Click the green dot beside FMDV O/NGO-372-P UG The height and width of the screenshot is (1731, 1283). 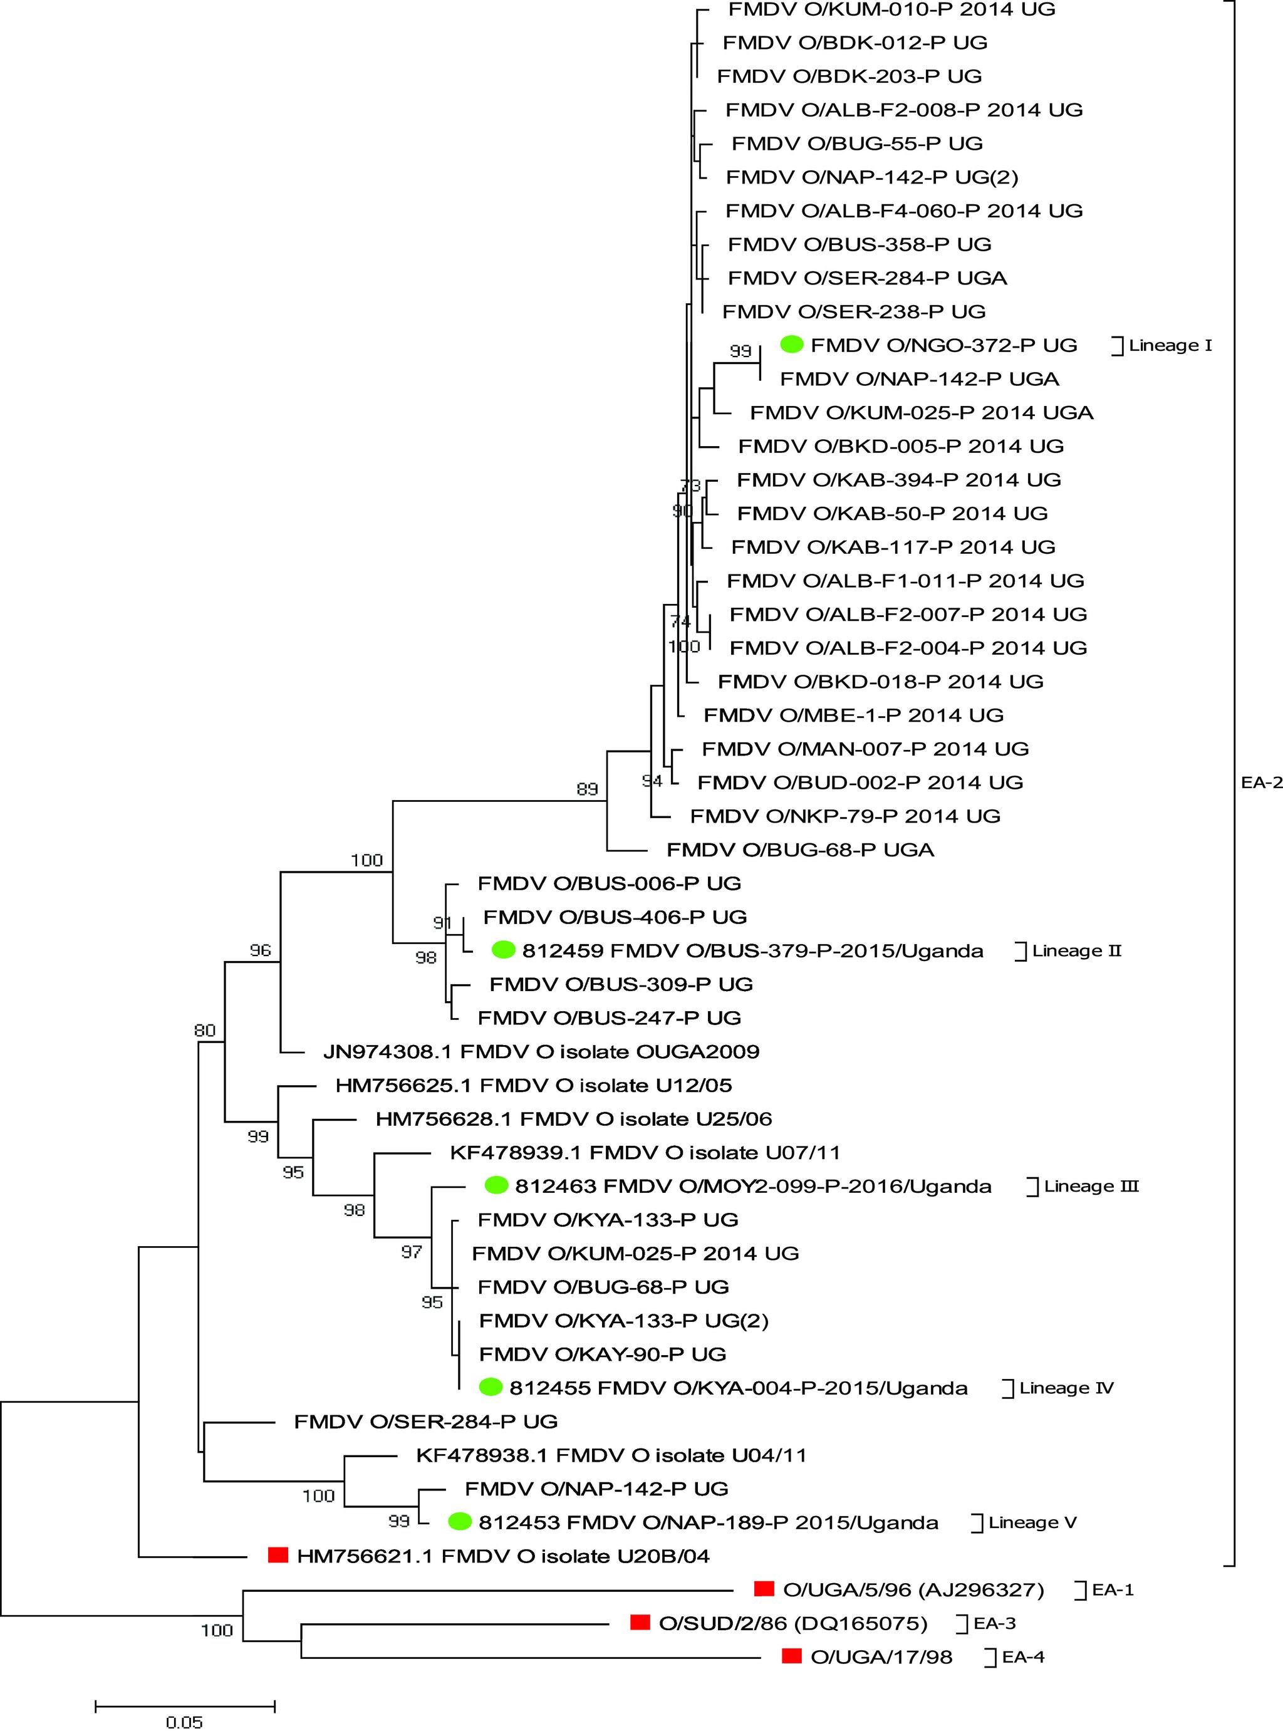(791, 344)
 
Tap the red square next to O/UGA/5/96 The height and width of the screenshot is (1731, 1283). (765, 1589)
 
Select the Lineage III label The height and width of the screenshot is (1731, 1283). (1091, 1186)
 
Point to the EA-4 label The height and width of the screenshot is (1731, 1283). (1023, 1656)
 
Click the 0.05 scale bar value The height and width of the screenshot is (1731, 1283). (184, 1722)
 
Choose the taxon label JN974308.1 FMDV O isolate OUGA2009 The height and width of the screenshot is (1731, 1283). (541, 1051)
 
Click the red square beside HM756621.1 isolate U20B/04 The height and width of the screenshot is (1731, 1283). (278, 1555)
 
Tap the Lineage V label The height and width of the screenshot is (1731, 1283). (1032, 1522)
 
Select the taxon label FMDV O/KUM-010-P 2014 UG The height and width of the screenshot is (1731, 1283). (891, 9)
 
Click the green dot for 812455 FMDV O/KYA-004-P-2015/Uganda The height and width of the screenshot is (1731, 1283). (490, 1386)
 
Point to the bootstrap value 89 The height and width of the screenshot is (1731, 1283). (587, 789)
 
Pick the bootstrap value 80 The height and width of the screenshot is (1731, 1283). (205, 1031)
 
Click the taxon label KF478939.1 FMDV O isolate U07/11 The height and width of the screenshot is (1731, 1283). (645, 1153)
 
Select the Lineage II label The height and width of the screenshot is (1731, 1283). (1076, 950)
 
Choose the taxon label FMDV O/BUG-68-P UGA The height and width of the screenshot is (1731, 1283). (800, 850)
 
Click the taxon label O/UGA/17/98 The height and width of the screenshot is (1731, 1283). (881, 1656)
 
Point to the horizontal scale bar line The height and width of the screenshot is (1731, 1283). (185, 1706)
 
